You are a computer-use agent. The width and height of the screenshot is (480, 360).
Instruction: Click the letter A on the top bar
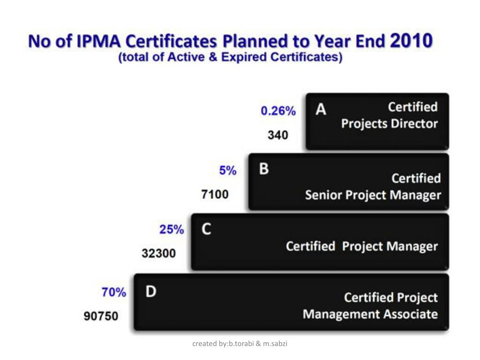[321, 109]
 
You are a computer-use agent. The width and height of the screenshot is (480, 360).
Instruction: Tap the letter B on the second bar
[264, 169]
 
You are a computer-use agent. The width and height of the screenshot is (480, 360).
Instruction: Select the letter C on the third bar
[206, 229]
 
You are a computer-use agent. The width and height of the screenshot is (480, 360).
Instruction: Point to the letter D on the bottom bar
[150, 292]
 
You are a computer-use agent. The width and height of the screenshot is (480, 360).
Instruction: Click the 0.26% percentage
[278, 111]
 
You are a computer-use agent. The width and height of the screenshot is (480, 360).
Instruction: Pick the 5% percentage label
[228, 171]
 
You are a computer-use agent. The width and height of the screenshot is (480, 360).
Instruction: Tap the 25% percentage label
[172, 230]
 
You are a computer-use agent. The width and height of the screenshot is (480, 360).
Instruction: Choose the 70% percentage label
[114, 293]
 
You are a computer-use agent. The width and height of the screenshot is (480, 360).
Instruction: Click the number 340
[278, 135]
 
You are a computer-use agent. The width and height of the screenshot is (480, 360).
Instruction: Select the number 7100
[215, 194]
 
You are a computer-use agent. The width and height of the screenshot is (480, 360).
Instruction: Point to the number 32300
[159, 254]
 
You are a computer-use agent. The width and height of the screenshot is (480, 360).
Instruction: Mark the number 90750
[101, 316]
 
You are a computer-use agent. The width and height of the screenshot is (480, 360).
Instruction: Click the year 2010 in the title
[411, 41]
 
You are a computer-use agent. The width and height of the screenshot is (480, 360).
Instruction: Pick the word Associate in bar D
[412, 314]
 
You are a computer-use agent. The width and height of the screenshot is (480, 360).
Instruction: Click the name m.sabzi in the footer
[275, 344]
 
